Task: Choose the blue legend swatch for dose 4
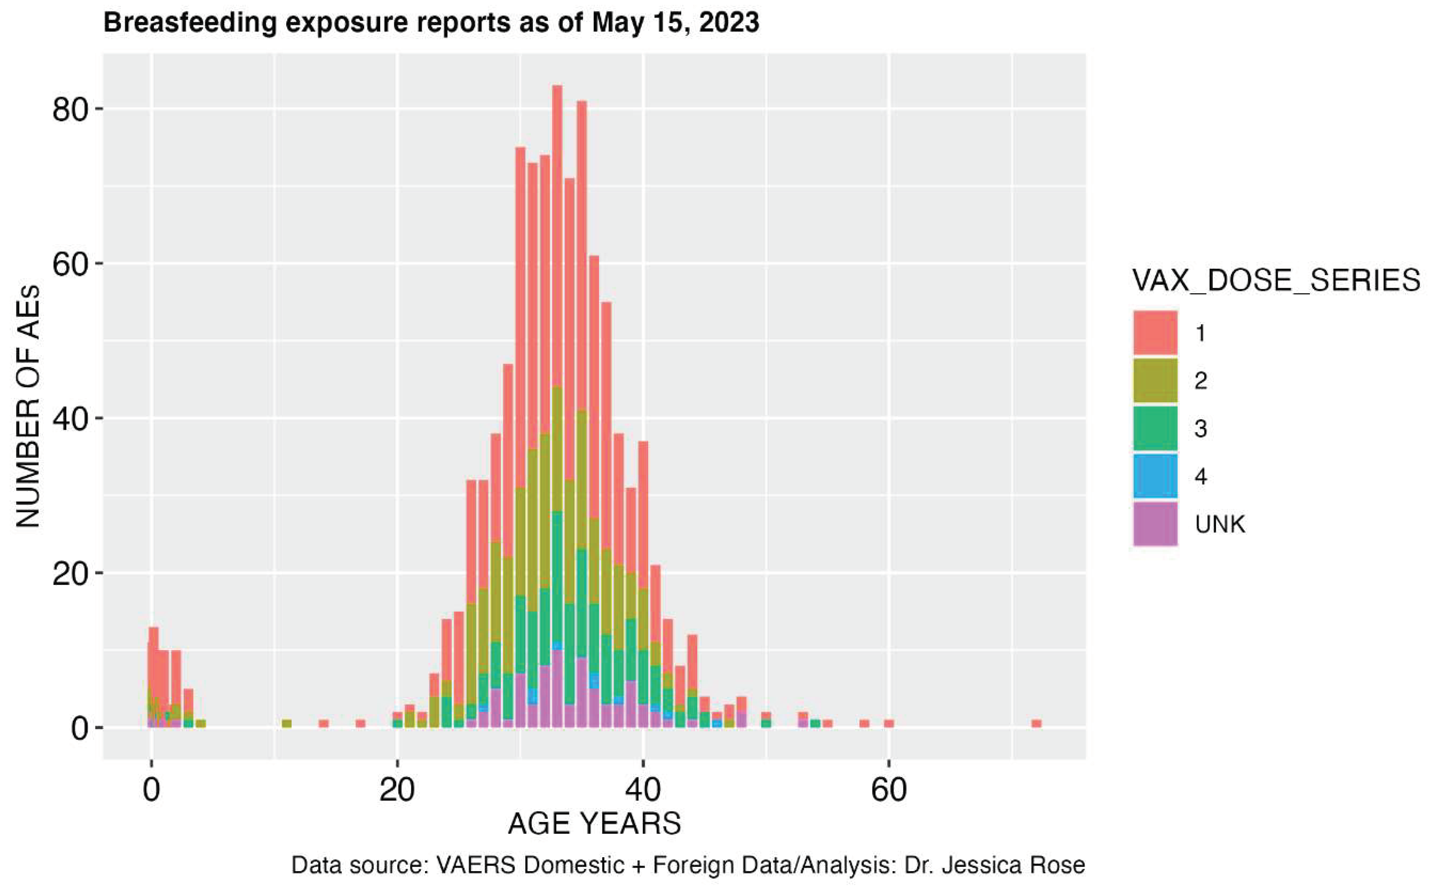pyautogui.click(x=1155, y=476)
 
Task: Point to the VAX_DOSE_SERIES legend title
pyautogui.click(x=1276, y=281)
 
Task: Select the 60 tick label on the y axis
pyautogui.click(x=70, y=264)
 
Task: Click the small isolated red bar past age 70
pyautogui.click(x=1036, y=723)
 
